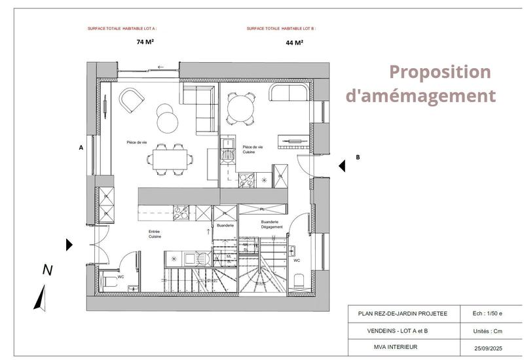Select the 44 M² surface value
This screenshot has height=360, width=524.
coord(294,43)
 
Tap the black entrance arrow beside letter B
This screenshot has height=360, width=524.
coord(342,166)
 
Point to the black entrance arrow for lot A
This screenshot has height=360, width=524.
coord(69,245)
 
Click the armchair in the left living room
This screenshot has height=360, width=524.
coord(132,101)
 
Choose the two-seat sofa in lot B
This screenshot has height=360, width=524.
coord(288,93)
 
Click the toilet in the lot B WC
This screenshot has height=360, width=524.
coord(300,281)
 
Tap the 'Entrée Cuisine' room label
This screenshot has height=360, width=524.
coord(155,234)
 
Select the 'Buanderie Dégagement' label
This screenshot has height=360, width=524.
coord(271,225)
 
